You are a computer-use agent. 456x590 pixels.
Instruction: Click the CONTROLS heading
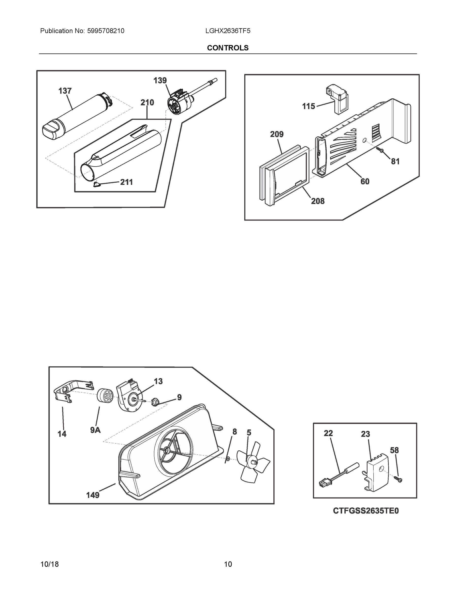pyautogui.click(x=227, y=48)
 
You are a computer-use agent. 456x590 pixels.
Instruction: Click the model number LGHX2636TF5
pyautogui.click(x=227, y=31)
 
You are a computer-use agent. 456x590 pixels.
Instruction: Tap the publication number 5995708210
pyautogui.click(x=105, y=31)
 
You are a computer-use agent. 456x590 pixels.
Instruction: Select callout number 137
pyautogui.click(x=65, y=91)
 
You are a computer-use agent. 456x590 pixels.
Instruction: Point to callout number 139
pyautogui.click(x=160, y=80)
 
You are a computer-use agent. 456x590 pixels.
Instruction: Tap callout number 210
pyautogui.click(x=147, y=103)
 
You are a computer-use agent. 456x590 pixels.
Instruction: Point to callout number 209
pyautogui.click(x=277, y=134)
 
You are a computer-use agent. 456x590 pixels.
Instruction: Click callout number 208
pyautogui.click(x=318, y=201)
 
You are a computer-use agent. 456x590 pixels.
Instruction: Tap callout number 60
pyautogui.click(x=365, y=181)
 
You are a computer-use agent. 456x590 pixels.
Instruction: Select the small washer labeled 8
pyautogui.click(x=228, y=459)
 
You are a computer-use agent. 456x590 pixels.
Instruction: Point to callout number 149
pyautogui.click(x=93, y=495)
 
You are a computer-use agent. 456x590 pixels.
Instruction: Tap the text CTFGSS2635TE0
pyautogui.click(x=366, y=511)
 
